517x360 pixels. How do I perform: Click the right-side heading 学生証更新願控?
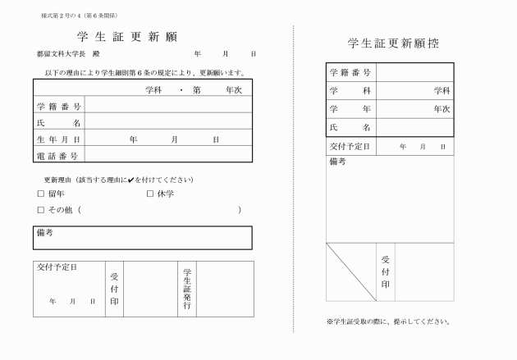pos(391,43)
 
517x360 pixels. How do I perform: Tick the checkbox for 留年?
pos(40,194)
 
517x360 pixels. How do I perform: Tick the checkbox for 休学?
pos(150,194)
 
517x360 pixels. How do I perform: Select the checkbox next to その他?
pos(40,211)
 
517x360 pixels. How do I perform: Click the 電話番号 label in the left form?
pos(58,155)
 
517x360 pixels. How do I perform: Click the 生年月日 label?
pos(58,139)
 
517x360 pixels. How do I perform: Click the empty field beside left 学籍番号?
pos(168,107)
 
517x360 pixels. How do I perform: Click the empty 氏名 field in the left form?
pos(168,123)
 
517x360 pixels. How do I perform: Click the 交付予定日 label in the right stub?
pos(350,146)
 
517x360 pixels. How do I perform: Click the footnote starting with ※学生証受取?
pos(388,321)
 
